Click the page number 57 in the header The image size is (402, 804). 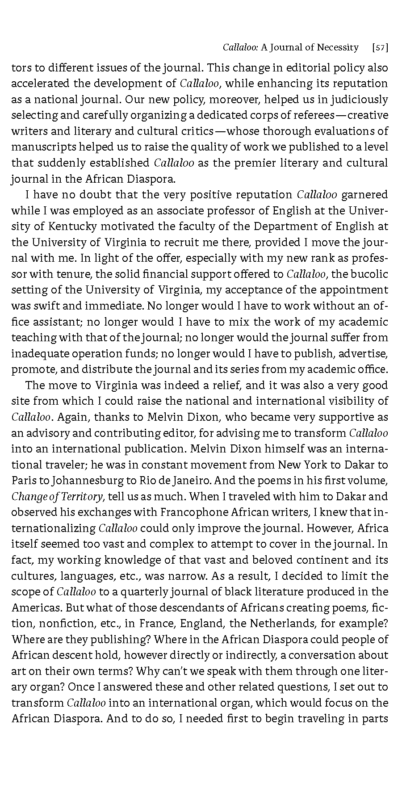[380, 47]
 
